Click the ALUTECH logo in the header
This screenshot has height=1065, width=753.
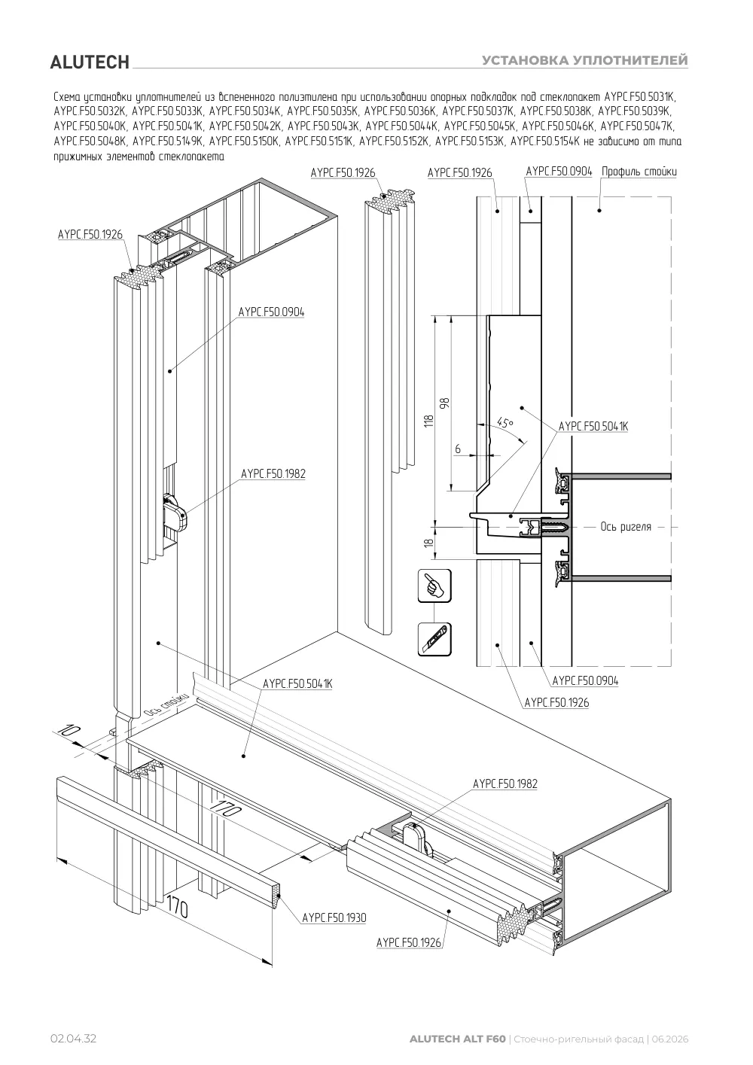(90, 62)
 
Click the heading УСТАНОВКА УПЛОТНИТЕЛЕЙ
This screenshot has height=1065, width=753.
(585, 60)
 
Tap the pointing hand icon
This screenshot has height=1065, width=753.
(434, 586)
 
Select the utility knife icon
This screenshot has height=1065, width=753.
(434, 640)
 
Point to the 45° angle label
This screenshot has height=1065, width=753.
(505, 422)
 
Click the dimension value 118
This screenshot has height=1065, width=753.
(429, 421)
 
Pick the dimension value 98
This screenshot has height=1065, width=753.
(445, 403)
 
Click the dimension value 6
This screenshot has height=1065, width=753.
(458, 449)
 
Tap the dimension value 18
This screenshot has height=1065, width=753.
(429, 542)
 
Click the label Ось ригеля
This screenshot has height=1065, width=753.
(626, 526)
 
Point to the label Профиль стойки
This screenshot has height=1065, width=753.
(639, 171)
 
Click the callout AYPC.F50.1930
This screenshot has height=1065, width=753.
(334, 917)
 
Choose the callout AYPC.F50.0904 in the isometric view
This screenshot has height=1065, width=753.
(271, 312)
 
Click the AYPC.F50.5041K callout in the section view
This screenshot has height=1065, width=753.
(593, 427)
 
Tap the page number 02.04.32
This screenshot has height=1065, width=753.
(73, 1039)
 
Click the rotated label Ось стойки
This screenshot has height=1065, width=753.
(165, 706)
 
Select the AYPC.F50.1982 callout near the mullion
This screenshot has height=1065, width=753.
(273, 473)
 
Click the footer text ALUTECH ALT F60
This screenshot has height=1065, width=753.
(458, 1039)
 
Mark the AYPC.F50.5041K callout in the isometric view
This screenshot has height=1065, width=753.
(297, 683)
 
